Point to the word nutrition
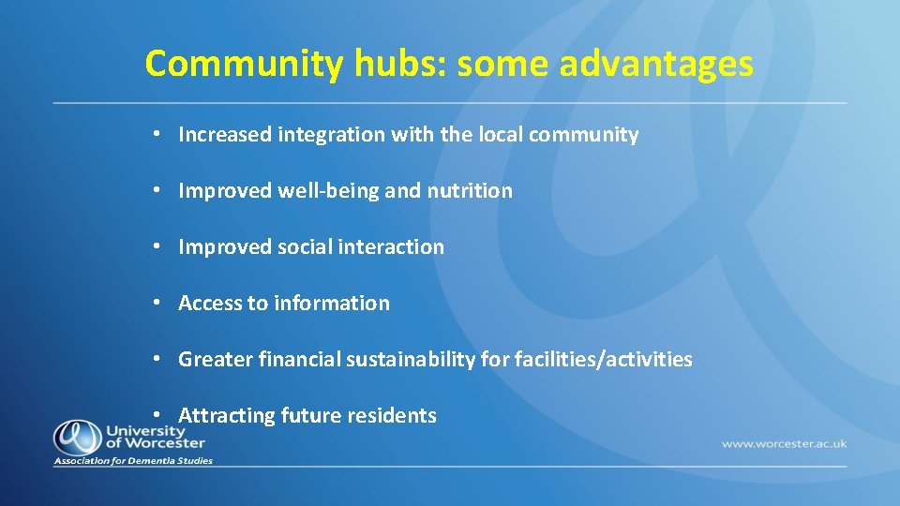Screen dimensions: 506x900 click(470, 191)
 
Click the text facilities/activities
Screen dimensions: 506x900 click(604, 360)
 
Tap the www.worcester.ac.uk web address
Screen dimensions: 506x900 click(784, 442)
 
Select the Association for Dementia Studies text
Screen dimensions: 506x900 click(133, 461)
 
